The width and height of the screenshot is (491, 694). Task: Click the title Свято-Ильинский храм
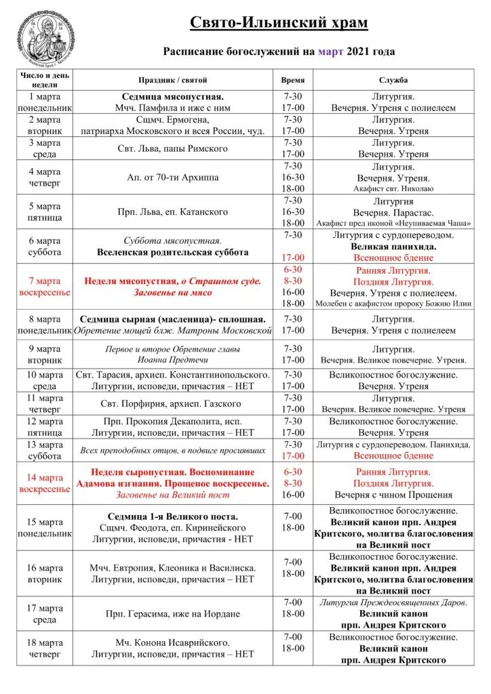pyautogui.click(x=278, y=23)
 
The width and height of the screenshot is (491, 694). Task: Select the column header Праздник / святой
pyautogui.click(x=173, y=80)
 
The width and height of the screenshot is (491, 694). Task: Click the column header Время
pyautogui.click(x=293, y=80)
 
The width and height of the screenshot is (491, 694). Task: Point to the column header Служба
pyautogui.click(x=393, y=80)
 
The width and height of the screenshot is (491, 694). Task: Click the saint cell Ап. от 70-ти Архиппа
pyautogui.click(x=173, y=178)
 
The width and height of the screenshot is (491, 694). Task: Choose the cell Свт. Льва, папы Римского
pyautogui.click(x=173, y=148)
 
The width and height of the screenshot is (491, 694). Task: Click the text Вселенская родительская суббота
pyautogui.click(x=173, y=252)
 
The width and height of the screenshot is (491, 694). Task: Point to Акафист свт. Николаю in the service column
pyautogui.click(x=393, y=189)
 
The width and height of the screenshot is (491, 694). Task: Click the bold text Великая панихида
pyautogui.click(x=393, y=247)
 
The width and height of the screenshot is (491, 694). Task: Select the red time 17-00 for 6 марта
pyautogui.click(x=293, y=258)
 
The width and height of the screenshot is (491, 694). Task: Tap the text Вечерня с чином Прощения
pyautogui.click(x=393, y=495)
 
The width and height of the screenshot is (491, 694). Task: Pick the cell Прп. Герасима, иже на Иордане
pyautogui.click(x=173, y=614)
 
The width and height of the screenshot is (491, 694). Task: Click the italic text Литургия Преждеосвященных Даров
pyautogui.click(x=393, y=603)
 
